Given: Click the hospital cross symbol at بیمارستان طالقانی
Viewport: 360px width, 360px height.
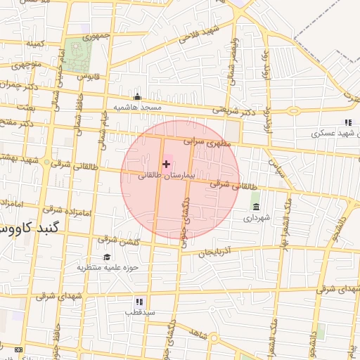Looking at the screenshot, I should tap(166, 164).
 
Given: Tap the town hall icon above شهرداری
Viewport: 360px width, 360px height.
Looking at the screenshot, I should tap(255, 207).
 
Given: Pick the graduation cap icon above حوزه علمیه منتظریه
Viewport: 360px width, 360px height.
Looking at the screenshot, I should tap(107, 257).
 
